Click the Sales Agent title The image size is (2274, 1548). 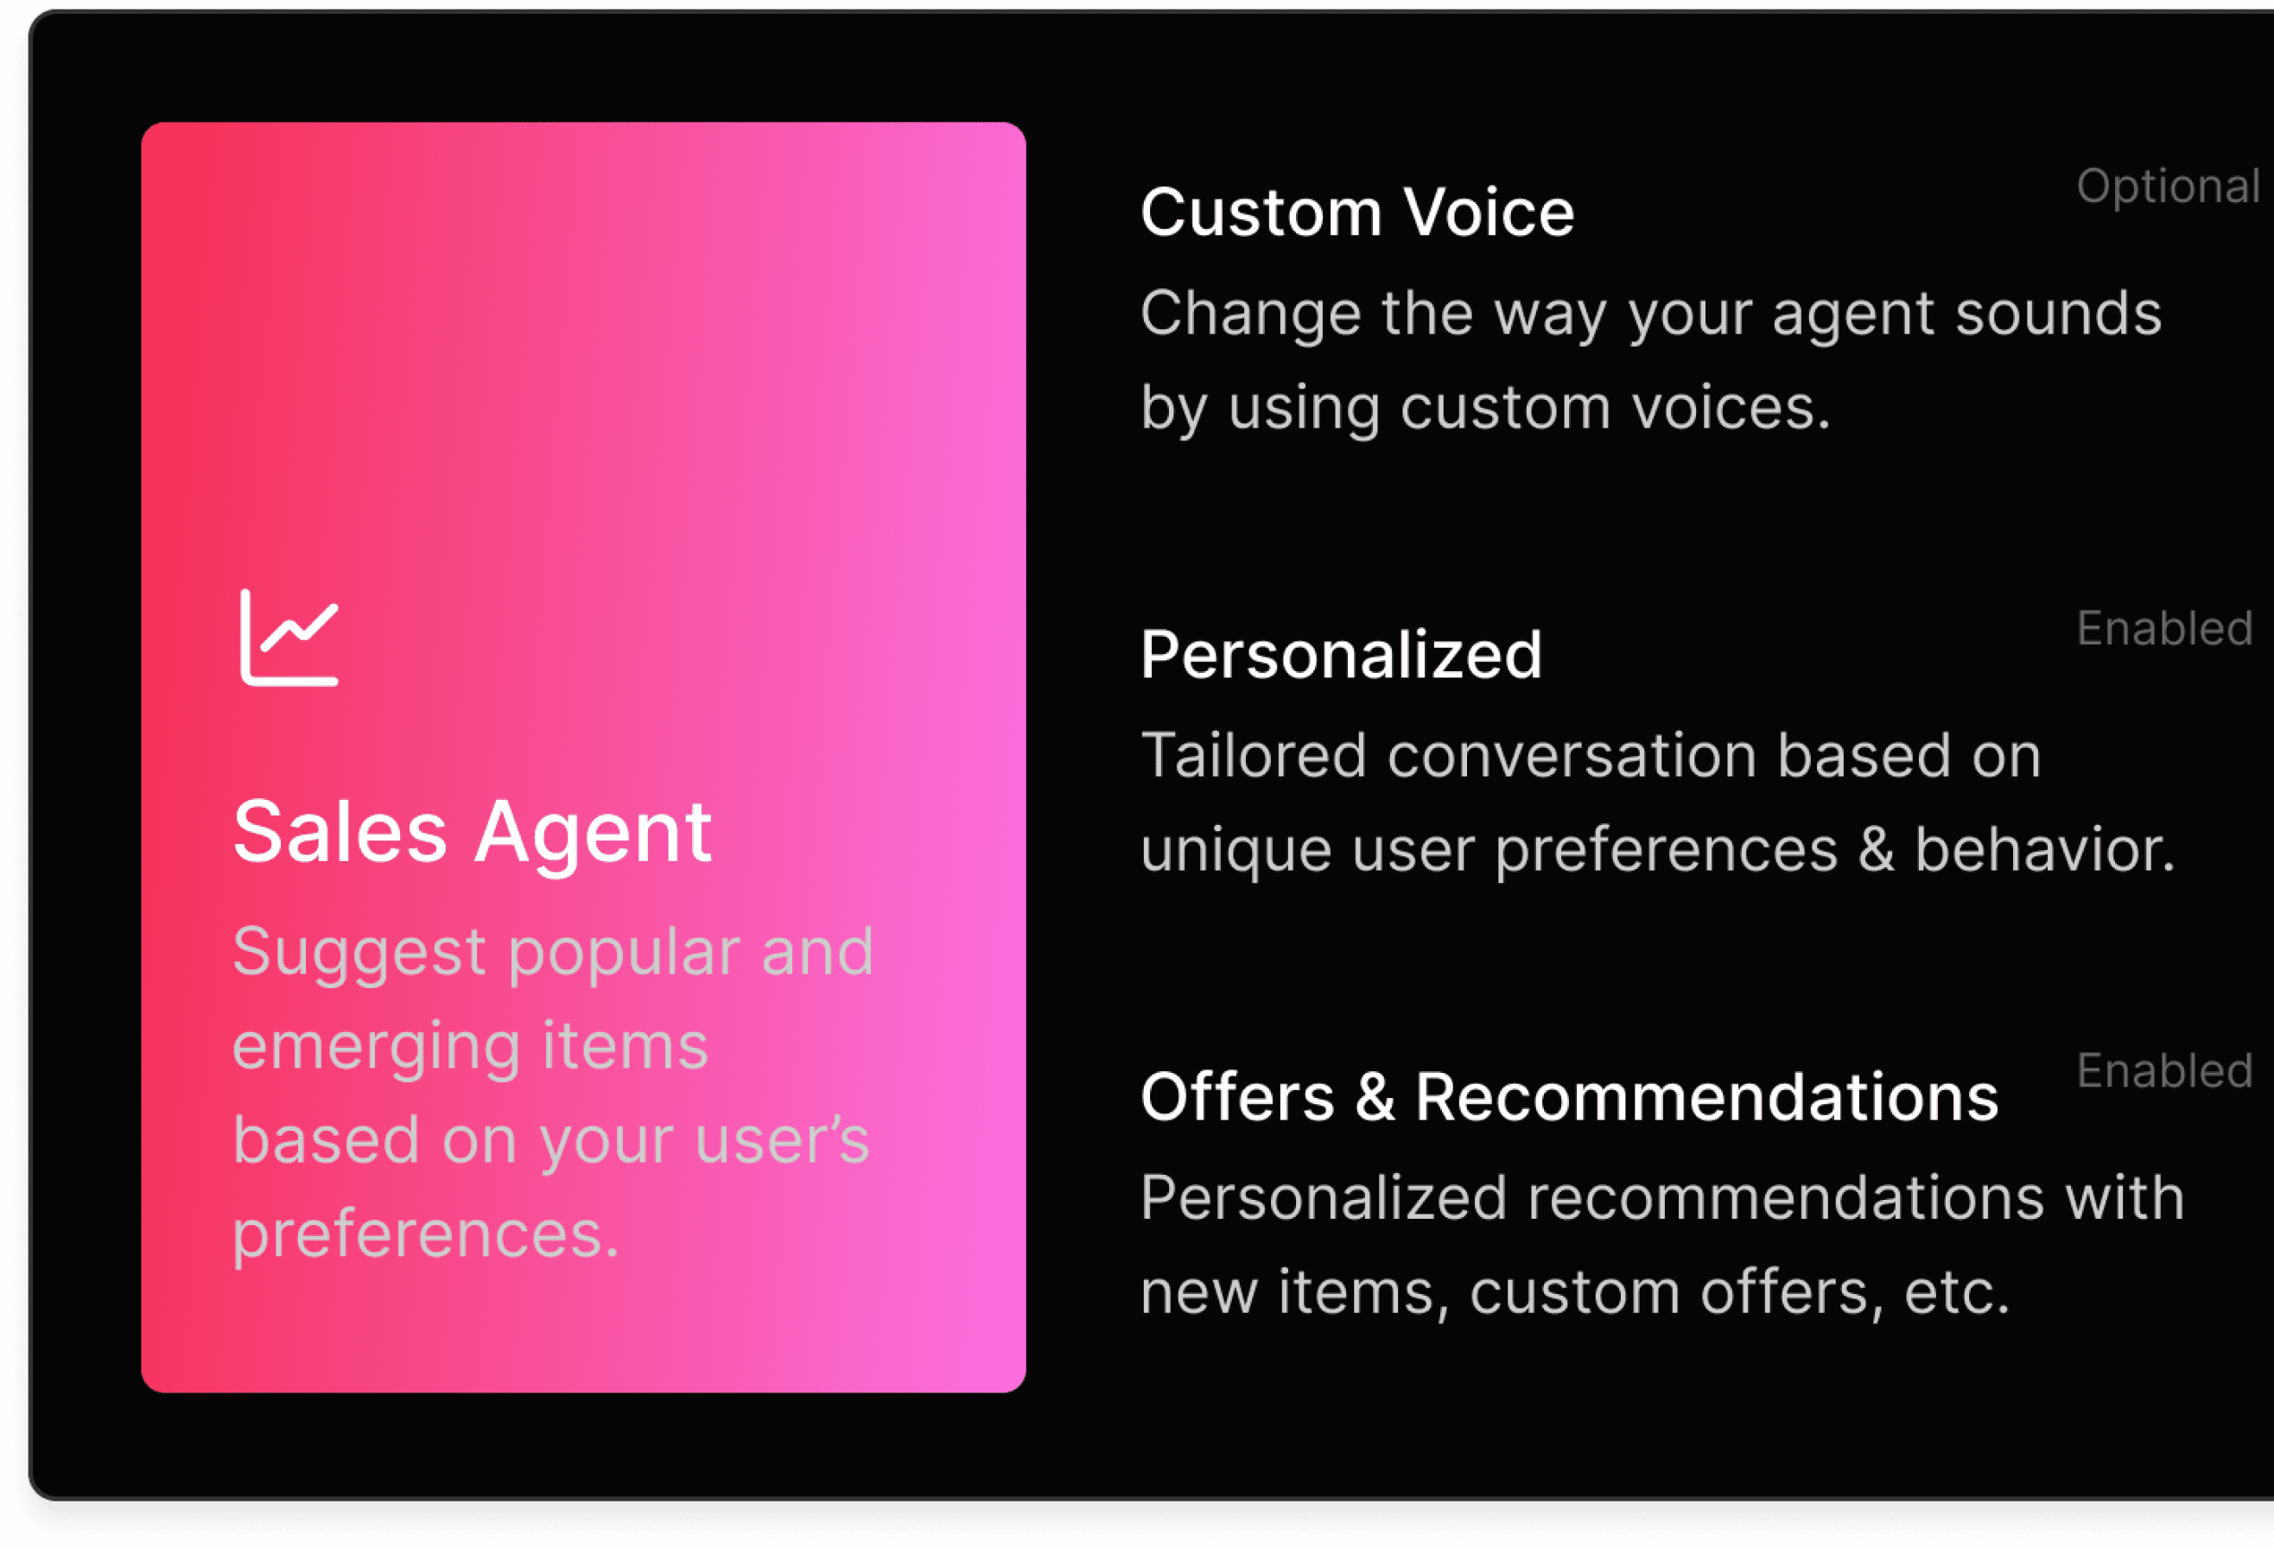coord(473,834)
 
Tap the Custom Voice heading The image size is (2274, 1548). coord(1357,213)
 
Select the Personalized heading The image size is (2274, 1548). coord(1341,655)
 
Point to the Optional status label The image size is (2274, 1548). coord(2169,187)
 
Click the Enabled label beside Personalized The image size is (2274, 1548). coord(2165,628)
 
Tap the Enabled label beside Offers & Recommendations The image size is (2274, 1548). coord(2165,1070)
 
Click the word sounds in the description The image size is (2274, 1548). coord(2058,314)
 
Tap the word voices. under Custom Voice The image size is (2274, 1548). coord(1731,408)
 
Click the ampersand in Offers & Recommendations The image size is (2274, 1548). coord(1375,1097)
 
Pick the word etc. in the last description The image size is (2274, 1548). coord(1956,1292)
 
